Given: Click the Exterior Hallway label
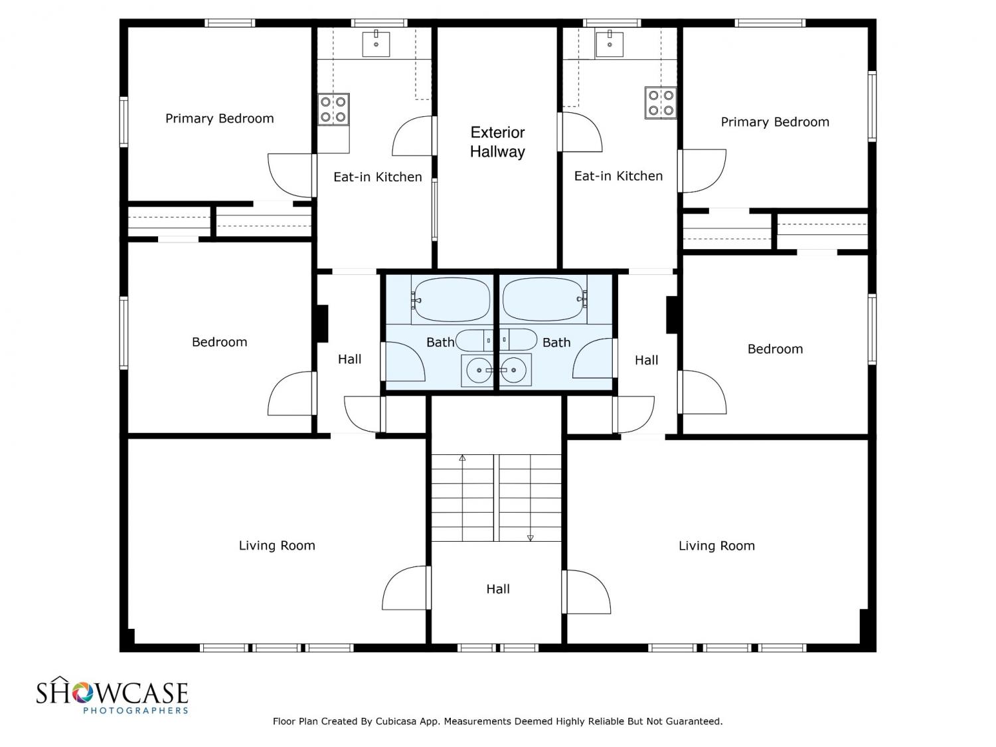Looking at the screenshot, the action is [x=497, y=142].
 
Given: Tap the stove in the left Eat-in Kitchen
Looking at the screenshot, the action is [x=333, y=110].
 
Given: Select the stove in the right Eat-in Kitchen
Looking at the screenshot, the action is [x=661, y=103].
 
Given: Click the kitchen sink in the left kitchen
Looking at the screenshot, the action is [x=376, y=44].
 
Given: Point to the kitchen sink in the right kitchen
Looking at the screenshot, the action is [x=610, y=44].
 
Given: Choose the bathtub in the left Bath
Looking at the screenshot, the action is [x=452, y=300].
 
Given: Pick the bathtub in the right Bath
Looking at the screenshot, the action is [x=545, y=300].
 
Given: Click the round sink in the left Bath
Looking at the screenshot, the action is [x=479, y=370].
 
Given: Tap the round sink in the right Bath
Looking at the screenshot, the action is [x=514, y=370].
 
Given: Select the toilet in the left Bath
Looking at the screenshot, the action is [x=474, y=341].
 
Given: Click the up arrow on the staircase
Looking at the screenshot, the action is [x=462, y=458].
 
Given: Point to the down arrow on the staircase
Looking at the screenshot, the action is [x=530, y=538].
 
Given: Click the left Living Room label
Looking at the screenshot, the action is [x=277, y=545].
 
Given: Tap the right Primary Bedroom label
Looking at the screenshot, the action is [x=775, y=122].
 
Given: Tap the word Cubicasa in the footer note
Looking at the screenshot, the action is [x=396, y=721].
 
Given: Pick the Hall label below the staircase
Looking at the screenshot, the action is [x=498, y=589].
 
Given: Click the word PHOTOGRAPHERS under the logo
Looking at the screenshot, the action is [x=135, y=710].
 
